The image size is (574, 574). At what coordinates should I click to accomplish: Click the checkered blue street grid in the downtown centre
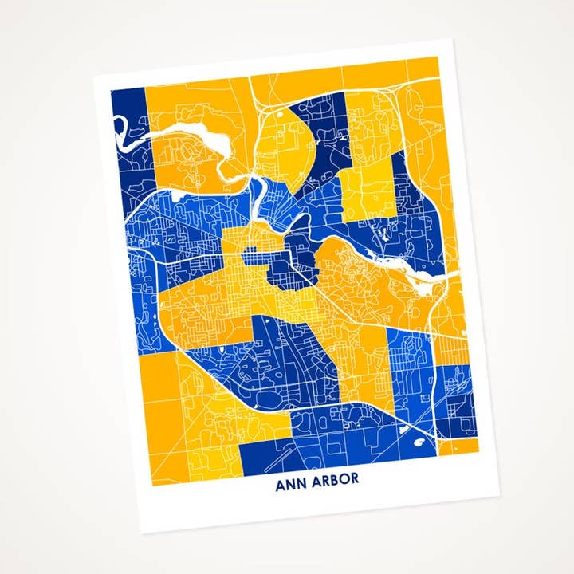coord(254,257)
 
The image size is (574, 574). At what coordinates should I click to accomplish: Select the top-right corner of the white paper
coord(454,39)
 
